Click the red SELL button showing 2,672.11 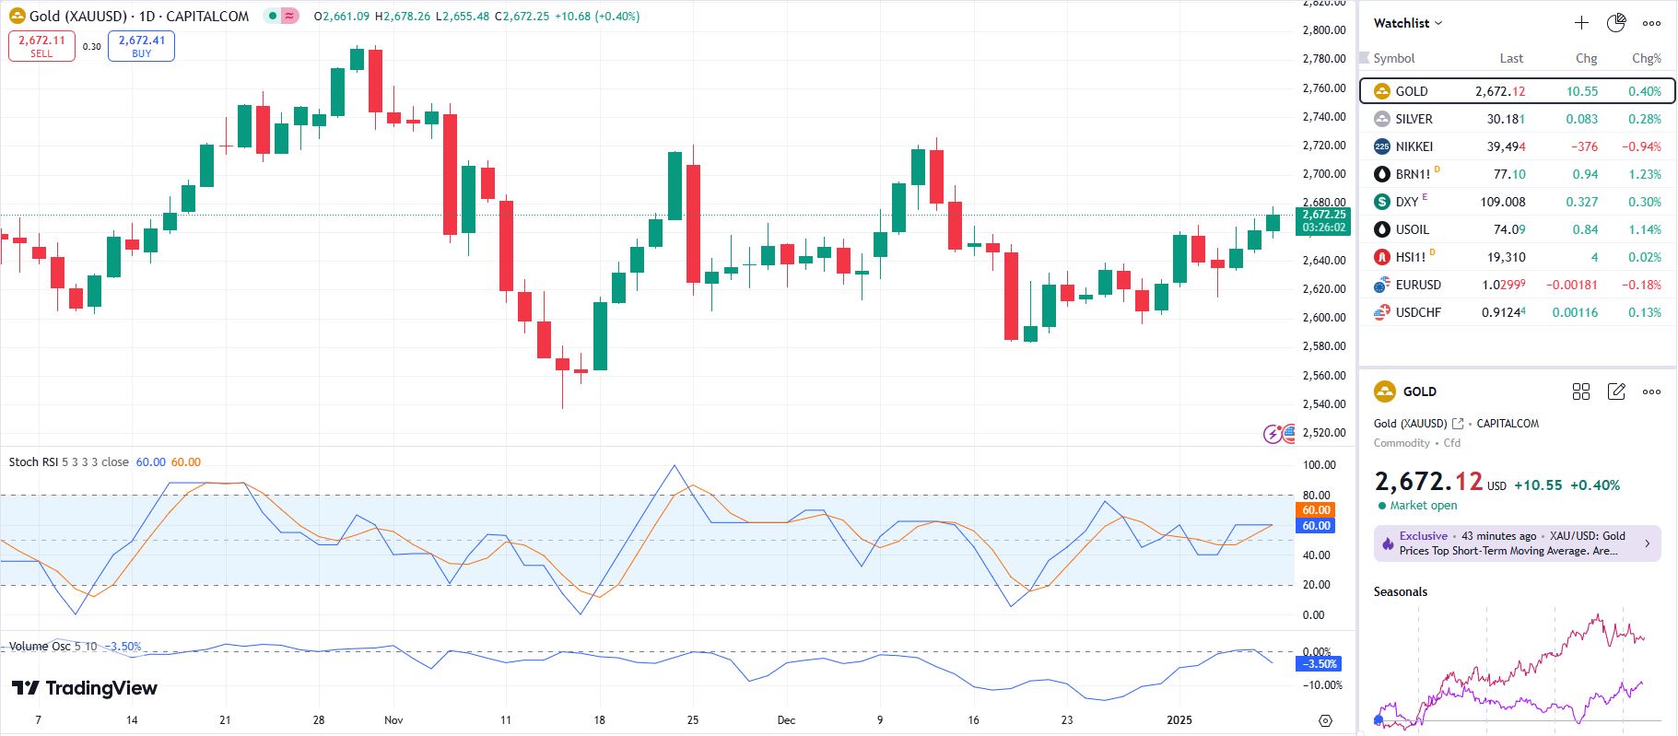[x=41, y=46]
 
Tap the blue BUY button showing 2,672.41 [x=141, y=46]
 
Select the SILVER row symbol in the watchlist [x=1414, y=119]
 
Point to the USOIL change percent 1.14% [x=1644, y=229]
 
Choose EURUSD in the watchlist [x=1417, y=285]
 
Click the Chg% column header [x=1646, y=58]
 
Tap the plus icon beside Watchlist [x=1581, y=23]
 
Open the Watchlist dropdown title [x=1407, y=23]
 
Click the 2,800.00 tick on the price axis [x=1323, y=30]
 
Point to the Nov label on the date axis [x=393, y=719]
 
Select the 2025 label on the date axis [x=1179, y=719]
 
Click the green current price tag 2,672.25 [x=1323, y=215]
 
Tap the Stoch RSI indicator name [x=33, y=461]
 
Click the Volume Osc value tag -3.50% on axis [x=1320, y=663]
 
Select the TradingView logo [x=85, y=688]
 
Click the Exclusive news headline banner [x=1517, y=543]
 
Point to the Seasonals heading [x=1400, y=591]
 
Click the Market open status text [x=1423, y=505]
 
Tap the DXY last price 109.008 [x=1502, y=202]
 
